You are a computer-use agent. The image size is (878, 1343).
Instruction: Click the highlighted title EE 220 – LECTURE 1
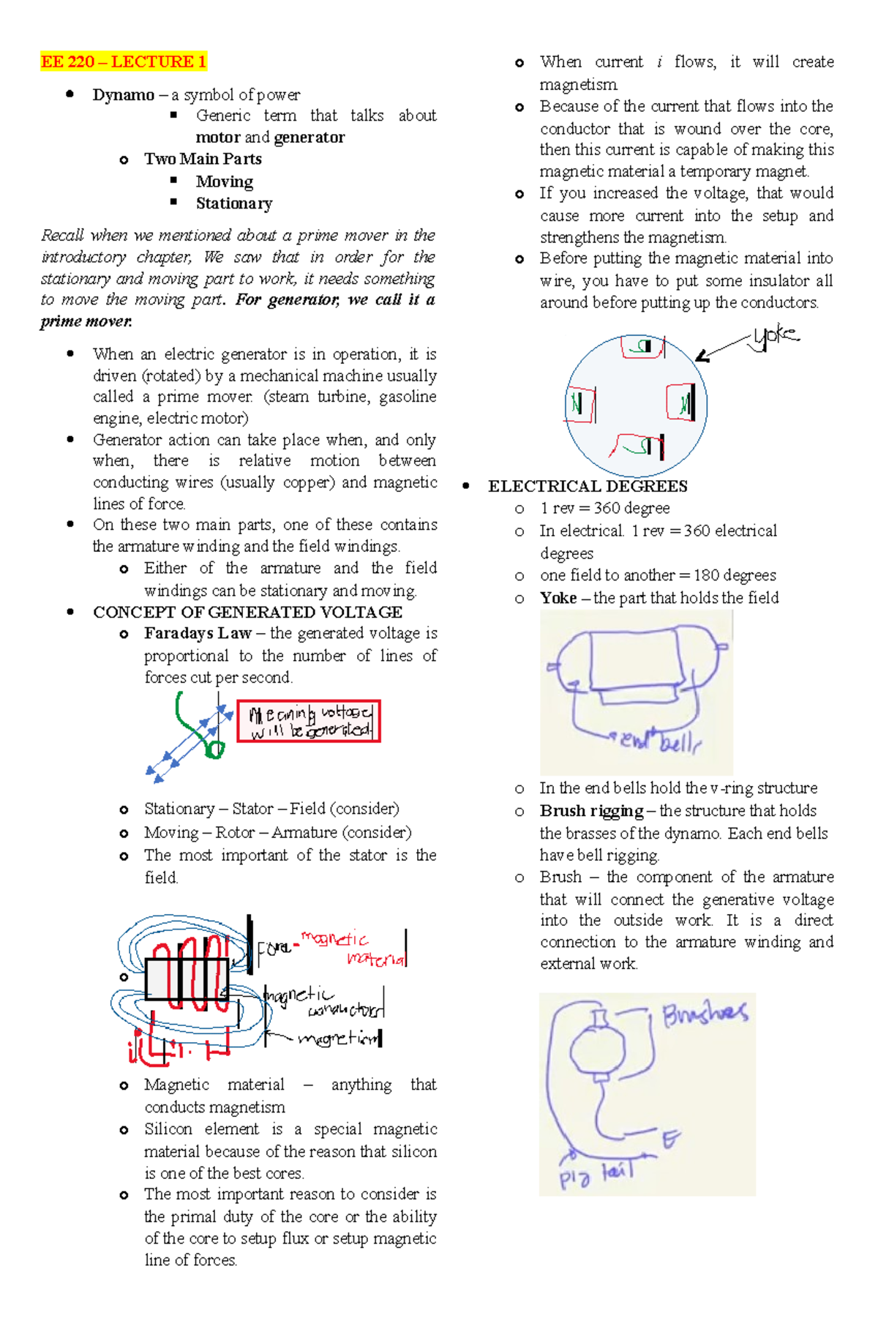coord(123,61)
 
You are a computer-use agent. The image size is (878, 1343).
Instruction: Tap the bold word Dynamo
coord(123,95)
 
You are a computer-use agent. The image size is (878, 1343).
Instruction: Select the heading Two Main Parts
coord(203,159)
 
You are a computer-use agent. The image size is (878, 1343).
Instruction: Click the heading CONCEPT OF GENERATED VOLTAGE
coord(247,612)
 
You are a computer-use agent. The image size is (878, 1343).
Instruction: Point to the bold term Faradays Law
coord(198,633)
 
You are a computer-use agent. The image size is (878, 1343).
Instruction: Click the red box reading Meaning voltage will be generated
coord(309,721)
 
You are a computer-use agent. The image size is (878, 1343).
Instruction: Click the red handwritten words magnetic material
coord(355,949)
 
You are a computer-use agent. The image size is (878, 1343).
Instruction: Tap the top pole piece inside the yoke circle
coord(642,346)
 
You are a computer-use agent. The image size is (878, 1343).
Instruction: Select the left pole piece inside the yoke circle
coord(580,404)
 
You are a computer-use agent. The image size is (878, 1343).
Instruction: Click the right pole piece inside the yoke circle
coord(681,403)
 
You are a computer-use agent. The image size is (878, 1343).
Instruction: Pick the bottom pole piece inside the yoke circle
coord(639,444)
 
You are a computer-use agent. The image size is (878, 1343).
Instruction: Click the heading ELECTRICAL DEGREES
coord(588,486)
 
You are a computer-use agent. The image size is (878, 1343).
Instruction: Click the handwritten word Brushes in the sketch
coord(705,1014)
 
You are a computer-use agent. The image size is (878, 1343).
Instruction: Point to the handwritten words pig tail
coord(596,1175)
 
